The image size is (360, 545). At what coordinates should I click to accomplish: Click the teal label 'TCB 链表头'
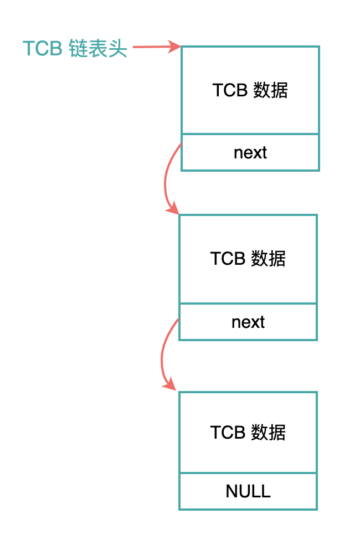pos(75,48)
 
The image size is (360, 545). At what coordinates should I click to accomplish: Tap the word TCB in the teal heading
pos(43,48)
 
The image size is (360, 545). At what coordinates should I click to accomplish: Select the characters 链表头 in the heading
pos(98,48)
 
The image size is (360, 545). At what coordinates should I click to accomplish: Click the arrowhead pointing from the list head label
pos(174,47)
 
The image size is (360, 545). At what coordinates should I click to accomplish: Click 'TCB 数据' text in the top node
pos(250,90)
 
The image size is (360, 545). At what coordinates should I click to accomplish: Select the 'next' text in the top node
pos(250,152)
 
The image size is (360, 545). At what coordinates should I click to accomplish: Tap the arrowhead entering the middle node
pos(173,209)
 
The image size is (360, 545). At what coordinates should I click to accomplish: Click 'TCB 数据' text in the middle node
pos(248,259)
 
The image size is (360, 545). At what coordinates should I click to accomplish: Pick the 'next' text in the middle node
pos(248,322)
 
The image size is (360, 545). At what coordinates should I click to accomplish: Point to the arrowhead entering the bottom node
pos(170,384)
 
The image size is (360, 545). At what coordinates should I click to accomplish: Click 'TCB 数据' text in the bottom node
pos(248,433)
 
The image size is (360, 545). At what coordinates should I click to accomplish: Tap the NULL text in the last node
pos(248,491)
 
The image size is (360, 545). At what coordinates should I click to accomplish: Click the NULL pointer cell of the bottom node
pos(248,491)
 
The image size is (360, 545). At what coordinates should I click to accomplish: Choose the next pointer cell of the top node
pos(250,152)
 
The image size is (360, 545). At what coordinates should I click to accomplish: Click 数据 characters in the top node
pos(270,90)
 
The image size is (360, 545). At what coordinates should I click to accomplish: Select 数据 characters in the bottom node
pos(268,433)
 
